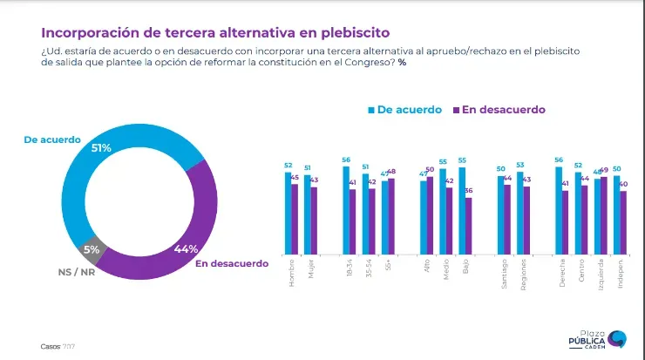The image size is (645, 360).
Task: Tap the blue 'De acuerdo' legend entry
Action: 404,110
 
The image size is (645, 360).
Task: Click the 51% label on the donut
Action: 101,147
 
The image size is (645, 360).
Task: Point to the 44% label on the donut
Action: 186,248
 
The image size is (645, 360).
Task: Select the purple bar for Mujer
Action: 316,220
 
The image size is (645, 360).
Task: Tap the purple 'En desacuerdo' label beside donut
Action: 233,262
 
